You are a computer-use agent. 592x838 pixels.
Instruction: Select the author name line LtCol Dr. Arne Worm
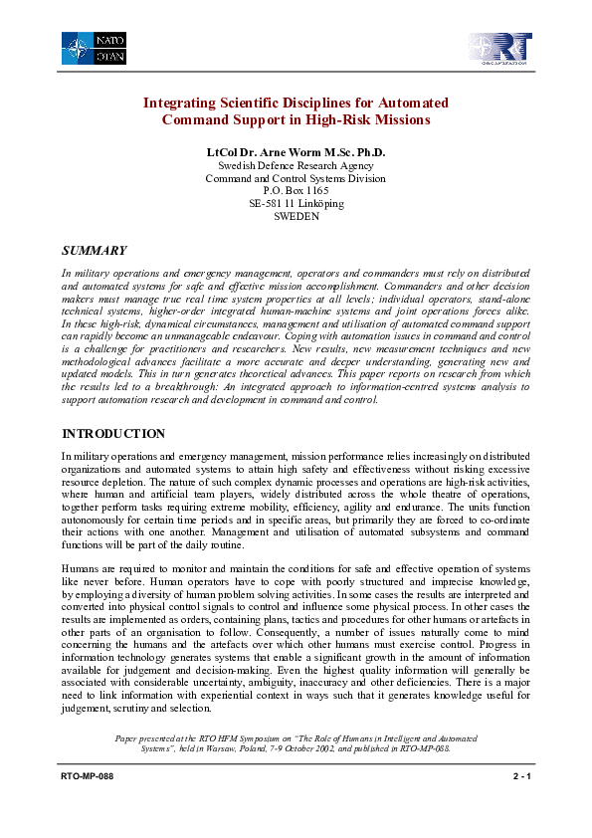coord(295,152)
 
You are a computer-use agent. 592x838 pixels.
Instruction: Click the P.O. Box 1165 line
coord(296,190)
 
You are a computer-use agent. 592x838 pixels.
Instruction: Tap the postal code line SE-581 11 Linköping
coord(296,203)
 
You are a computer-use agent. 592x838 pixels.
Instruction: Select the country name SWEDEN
coord(296,216)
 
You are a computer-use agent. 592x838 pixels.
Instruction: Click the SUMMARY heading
coord(95,250)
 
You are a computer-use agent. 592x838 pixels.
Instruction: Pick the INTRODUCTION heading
coord(113,434)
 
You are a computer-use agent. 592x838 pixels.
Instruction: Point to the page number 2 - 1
coord(515,776)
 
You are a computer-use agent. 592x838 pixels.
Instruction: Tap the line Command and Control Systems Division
coord(296,178)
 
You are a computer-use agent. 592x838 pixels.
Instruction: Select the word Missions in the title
coord(400,120)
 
